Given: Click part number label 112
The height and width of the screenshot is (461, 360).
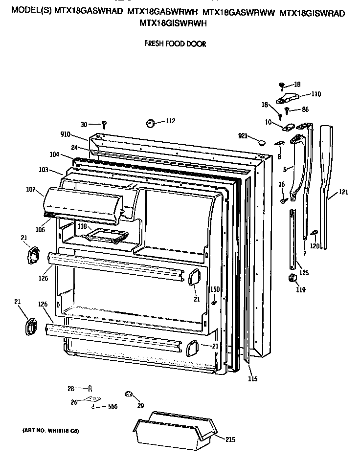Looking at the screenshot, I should point(170,121).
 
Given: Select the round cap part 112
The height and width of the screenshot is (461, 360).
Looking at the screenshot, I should point(151,122).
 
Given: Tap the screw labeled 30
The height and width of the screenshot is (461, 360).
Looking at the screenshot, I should point(104,124).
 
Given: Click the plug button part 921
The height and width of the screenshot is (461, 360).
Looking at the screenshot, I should point(262,143).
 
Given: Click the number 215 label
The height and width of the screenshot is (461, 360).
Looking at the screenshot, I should point(230,439).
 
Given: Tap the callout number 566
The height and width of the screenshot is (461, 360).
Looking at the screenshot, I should point(112,406).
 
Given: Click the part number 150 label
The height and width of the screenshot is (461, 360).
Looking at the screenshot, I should point(215,289).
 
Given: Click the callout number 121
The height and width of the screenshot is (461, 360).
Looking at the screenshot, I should point(343,192).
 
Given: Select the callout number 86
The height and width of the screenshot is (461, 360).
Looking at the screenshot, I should point(305,110).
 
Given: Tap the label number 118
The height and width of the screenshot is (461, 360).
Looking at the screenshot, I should point(82,227).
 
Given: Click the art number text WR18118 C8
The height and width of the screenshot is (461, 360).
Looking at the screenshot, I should point(50,431).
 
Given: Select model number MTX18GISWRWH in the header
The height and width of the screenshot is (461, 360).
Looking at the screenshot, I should point(166,22).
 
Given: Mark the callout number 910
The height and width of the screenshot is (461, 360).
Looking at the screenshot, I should point(65,134).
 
